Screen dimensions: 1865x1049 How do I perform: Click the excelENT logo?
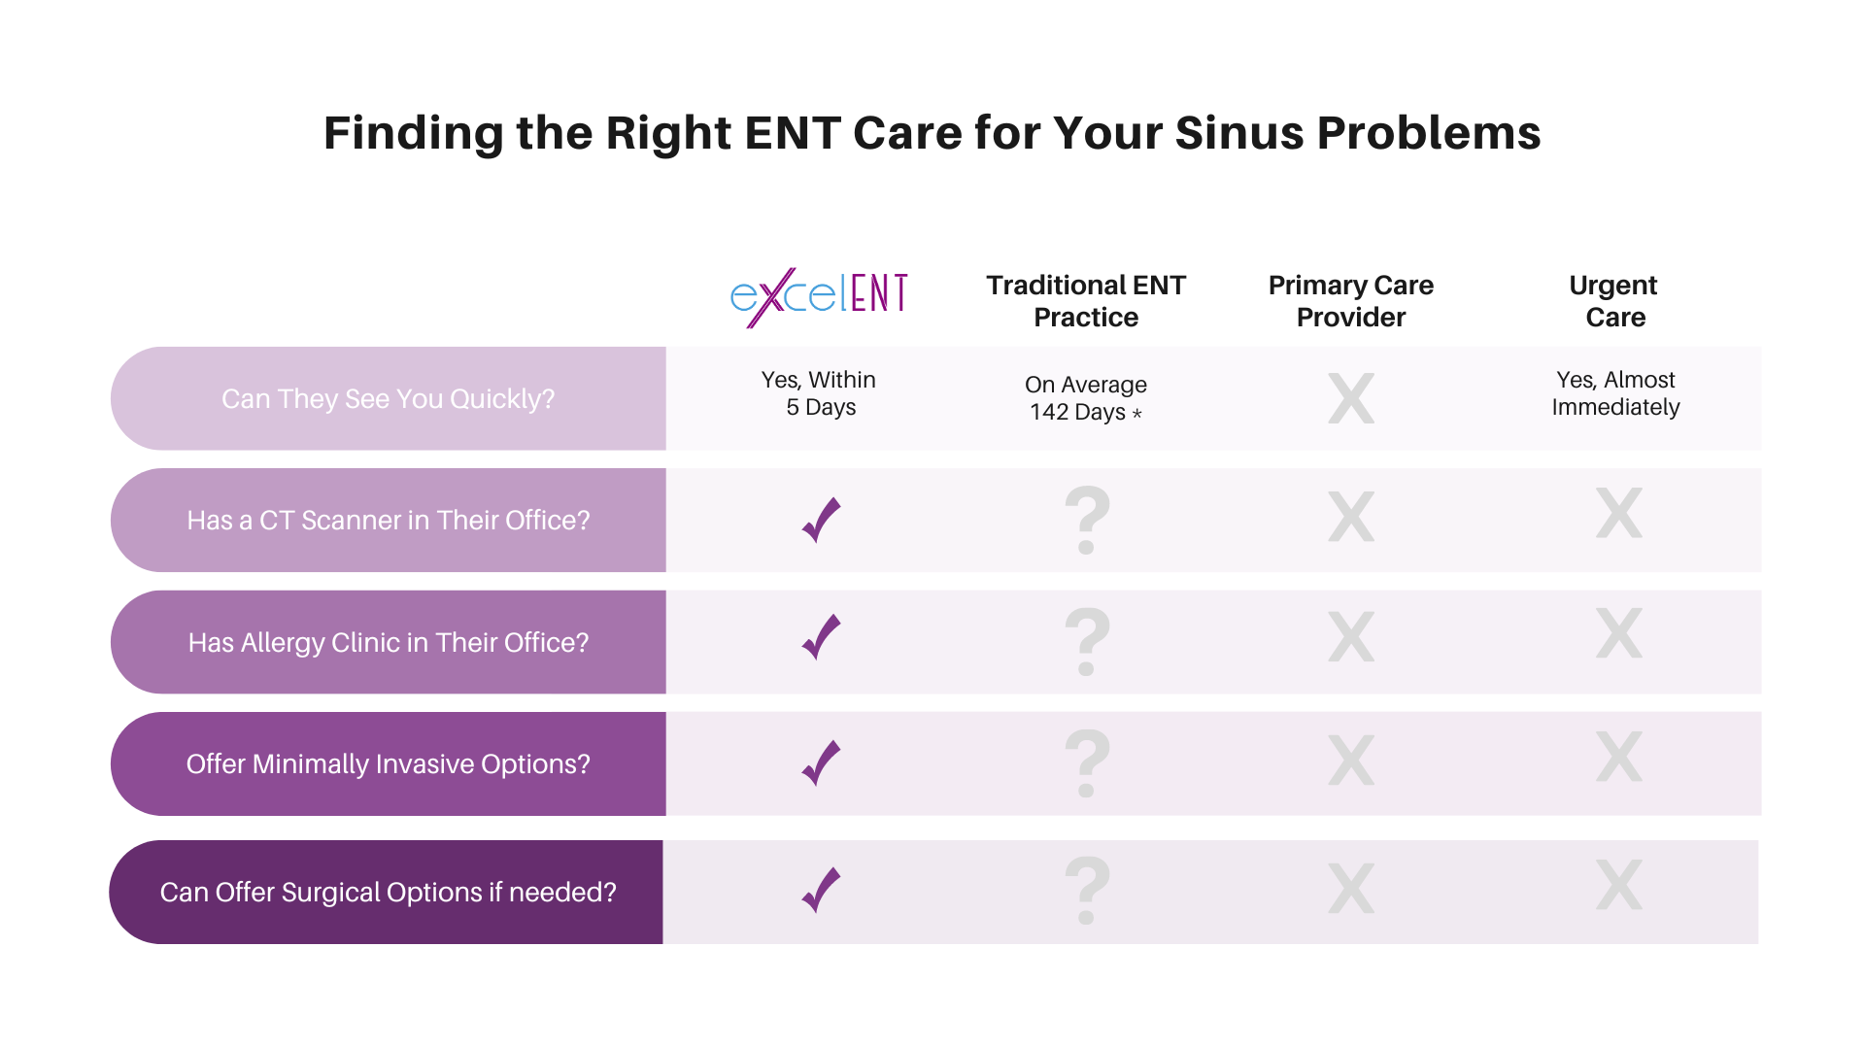click(819, 296)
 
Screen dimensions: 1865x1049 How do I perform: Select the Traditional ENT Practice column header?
click(1086, 301)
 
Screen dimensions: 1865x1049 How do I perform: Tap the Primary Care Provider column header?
click(1351, 301)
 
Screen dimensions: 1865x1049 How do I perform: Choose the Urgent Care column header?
click(1614, 301)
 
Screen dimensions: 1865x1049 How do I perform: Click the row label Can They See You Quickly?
click(389, 399)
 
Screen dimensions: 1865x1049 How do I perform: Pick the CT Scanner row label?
click(389, 521)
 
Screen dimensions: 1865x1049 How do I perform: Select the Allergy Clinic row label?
click(389, 643)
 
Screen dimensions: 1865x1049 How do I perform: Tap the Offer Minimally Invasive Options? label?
click(389, 764)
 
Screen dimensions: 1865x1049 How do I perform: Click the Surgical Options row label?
click(389, 893)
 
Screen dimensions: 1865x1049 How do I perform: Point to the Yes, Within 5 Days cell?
click(819, 393)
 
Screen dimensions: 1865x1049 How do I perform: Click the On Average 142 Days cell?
click(1086, 398)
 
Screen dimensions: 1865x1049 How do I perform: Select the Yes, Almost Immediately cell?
click(1615, 393)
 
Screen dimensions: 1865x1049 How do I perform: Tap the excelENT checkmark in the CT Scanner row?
click(822, 520)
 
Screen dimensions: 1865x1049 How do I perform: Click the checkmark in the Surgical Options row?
click(822, 890)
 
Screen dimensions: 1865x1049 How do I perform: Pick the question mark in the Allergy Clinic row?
click(1087, 641)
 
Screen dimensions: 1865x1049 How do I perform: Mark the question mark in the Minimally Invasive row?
click(1087, 762)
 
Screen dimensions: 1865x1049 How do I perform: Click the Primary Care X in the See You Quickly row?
click(1351, 398)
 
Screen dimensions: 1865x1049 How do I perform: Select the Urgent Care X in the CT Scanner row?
click(1619, 513)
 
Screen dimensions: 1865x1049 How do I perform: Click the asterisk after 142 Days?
click(1137, 413)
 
